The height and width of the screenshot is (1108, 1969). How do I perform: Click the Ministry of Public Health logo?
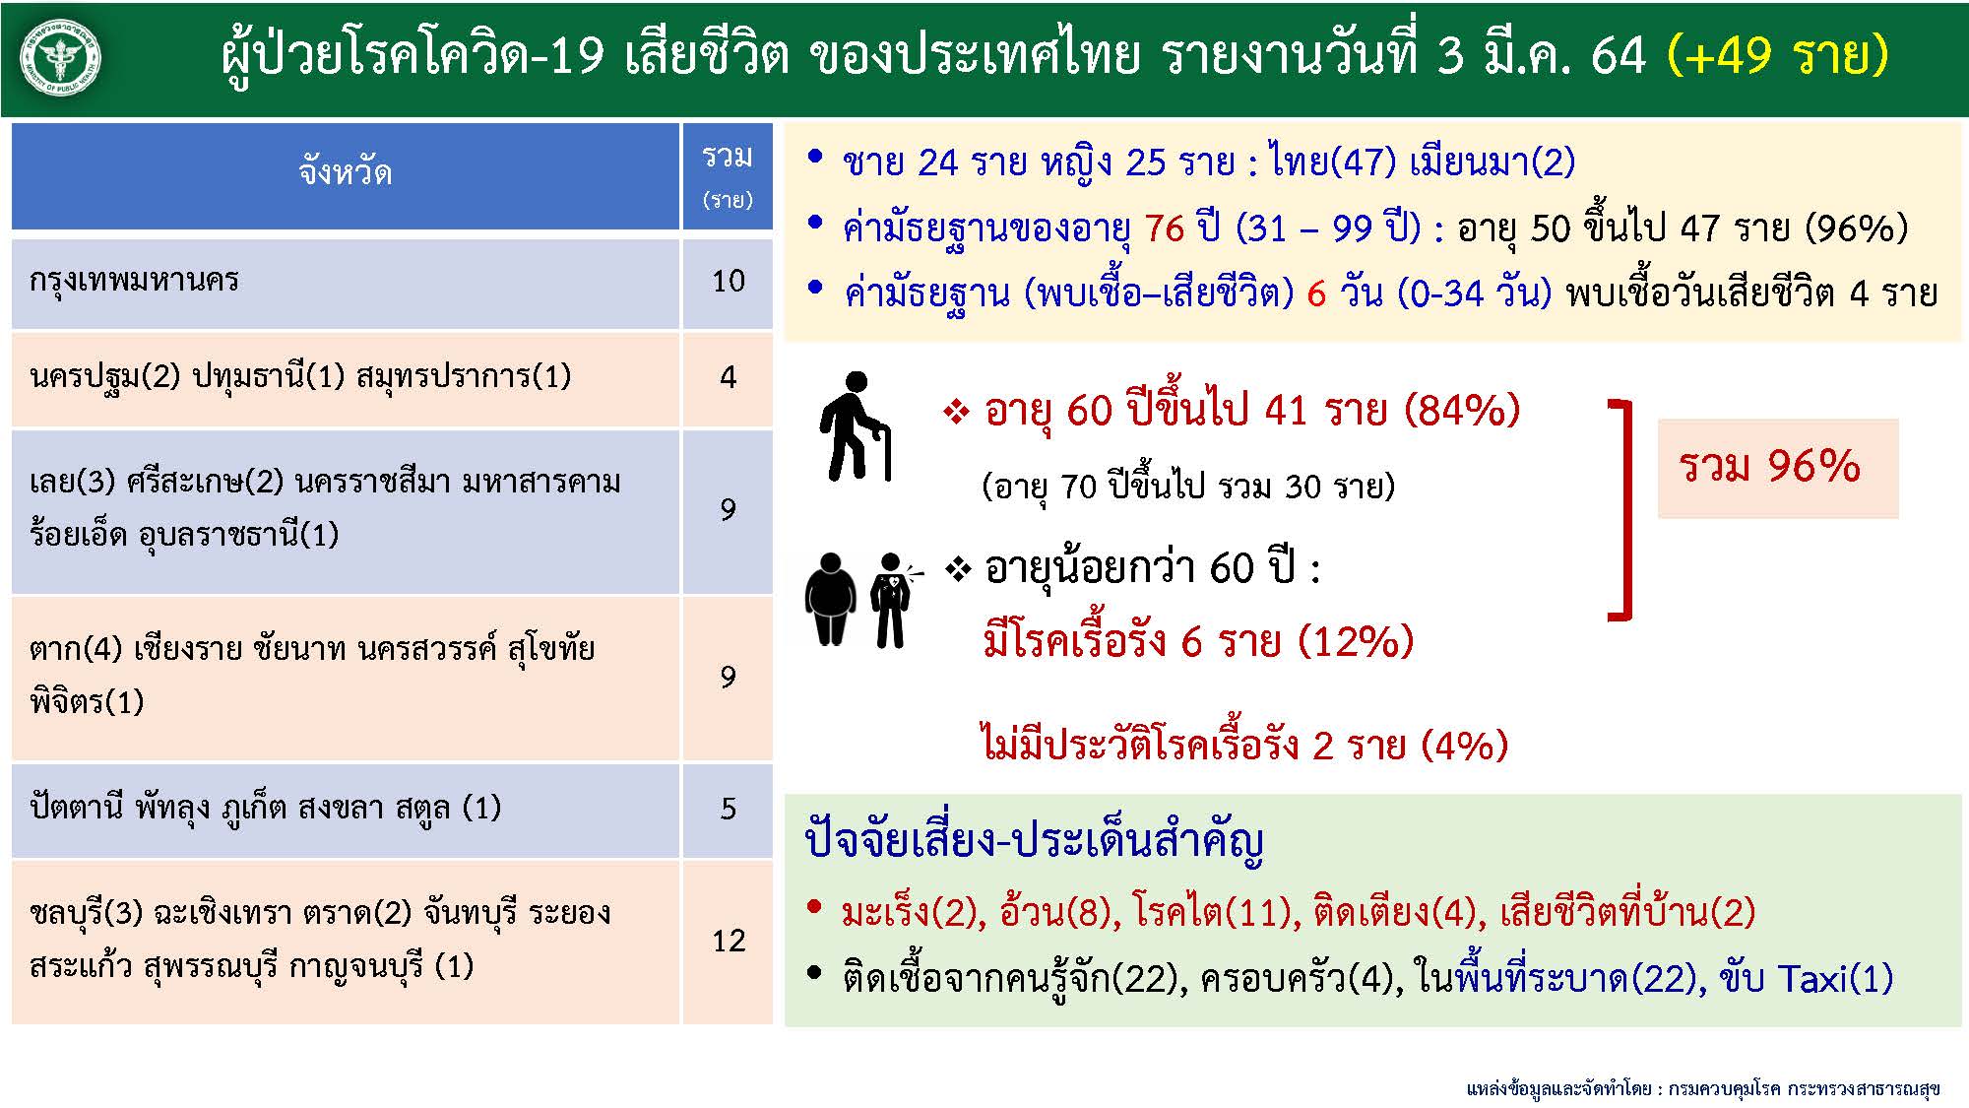[60, 58]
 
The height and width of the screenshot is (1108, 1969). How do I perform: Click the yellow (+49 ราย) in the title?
[1778, 54]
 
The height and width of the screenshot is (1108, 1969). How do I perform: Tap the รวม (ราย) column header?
[728, 175]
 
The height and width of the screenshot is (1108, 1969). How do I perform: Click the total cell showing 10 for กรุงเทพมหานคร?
[728, 282]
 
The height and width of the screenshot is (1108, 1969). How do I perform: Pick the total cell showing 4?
[728, 378]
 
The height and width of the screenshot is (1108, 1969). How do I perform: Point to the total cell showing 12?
[728, 942]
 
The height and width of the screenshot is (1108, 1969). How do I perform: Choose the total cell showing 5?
[728, 810]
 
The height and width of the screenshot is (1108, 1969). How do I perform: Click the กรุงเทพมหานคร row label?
[134, 281]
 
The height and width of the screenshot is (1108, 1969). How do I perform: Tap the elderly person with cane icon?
[855, 426]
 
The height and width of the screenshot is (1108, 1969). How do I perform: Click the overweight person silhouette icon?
[831, 600]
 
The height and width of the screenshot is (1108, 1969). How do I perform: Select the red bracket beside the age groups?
[1623, 510]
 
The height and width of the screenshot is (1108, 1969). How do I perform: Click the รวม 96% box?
[1778, 468]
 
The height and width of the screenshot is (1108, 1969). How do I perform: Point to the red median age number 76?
[1165, 228]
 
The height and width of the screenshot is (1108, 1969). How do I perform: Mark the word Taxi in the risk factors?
[1812, 979]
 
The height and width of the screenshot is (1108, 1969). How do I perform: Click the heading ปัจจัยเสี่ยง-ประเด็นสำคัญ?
[1034, 843]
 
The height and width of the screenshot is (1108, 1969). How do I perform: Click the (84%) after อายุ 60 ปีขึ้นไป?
[1461, 410]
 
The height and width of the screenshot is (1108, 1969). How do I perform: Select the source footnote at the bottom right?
[1702, 1089]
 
